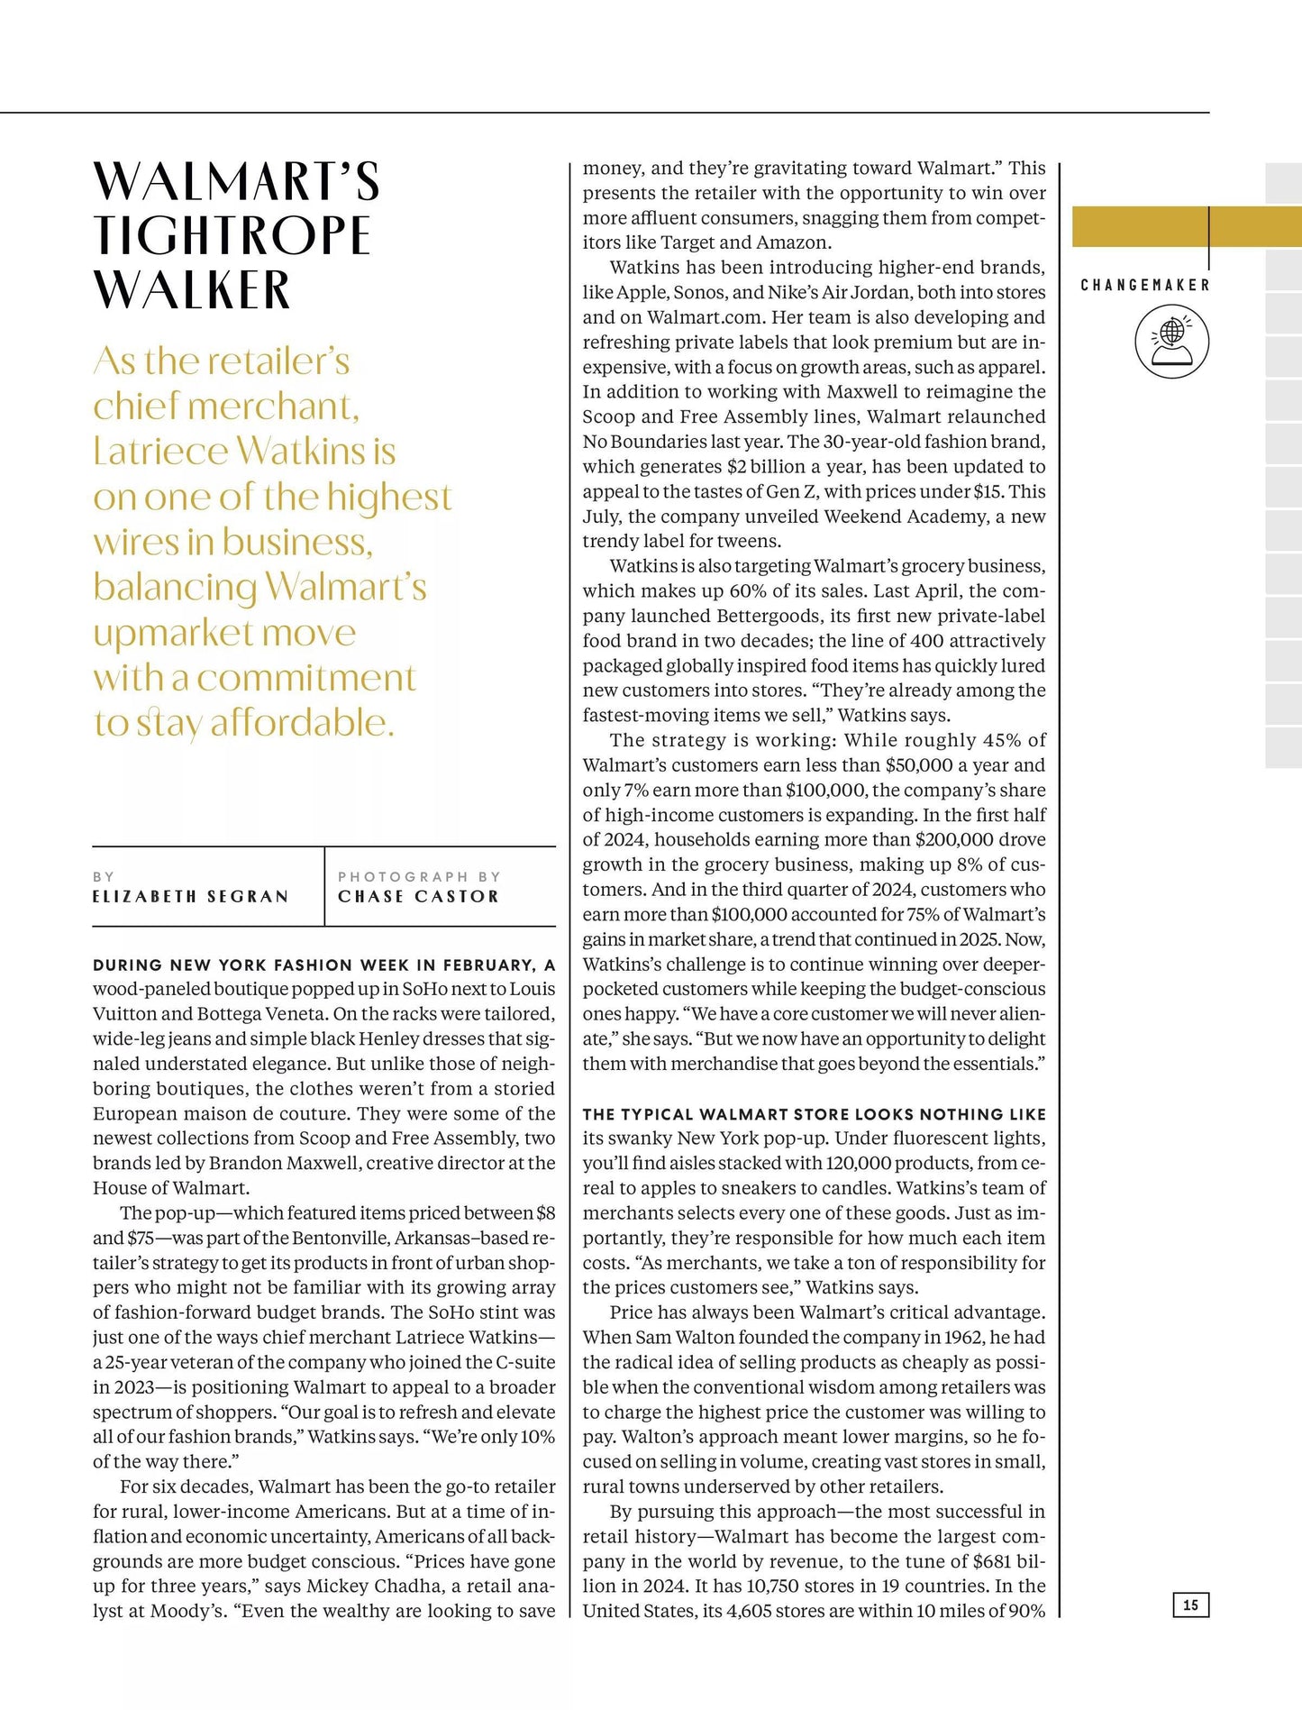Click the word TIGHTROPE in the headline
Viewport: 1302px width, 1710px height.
coord(232,235)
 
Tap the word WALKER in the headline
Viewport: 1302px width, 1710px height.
coord(192,290)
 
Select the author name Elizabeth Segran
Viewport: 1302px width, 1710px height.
coord(191,897)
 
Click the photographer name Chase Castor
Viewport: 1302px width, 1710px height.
coord(418,897)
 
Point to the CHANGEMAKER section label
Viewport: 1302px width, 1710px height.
coord(1144,285)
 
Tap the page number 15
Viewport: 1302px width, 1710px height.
coord(1190,1605)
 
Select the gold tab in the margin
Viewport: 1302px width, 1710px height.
coord(1187,226)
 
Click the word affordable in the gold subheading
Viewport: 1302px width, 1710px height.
coord(302,723)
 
